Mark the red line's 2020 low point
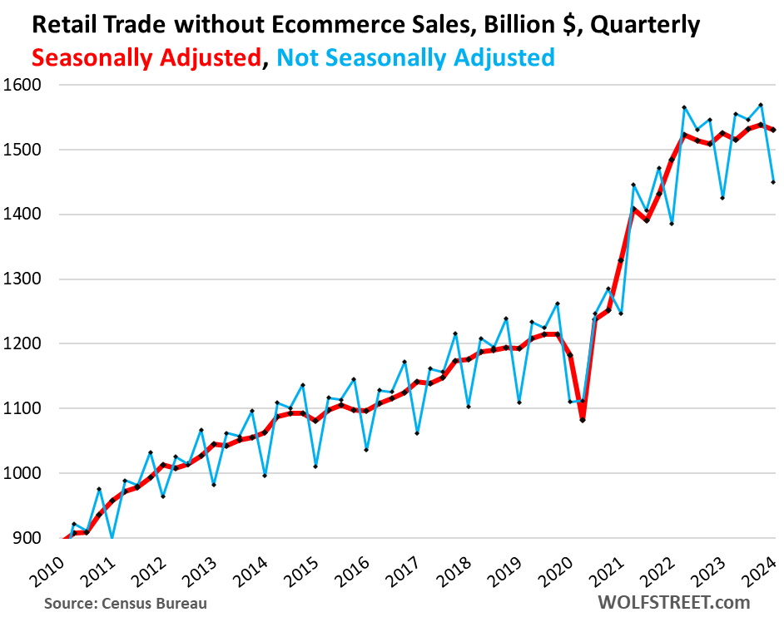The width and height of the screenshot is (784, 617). click(x=583, y=420)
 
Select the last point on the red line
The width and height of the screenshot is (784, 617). click(x=773, y=130)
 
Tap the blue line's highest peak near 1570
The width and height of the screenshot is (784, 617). click(x=761, y=105)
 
